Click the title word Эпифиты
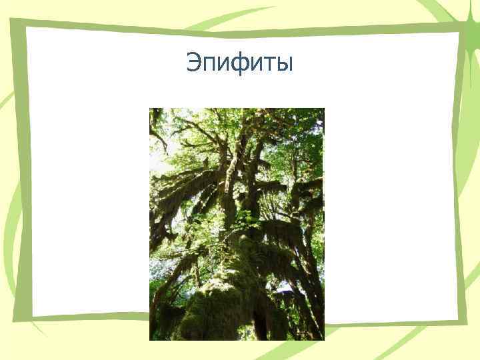[239, 63]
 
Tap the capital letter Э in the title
[194, 63]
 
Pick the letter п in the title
[209, 65]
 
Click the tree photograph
[237, 224]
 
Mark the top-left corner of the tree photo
[149, 109]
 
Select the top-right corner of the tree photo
[324, 109]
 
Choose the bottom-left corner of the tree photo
[149, 340]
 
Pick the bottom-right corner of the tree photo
[324, 340]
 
